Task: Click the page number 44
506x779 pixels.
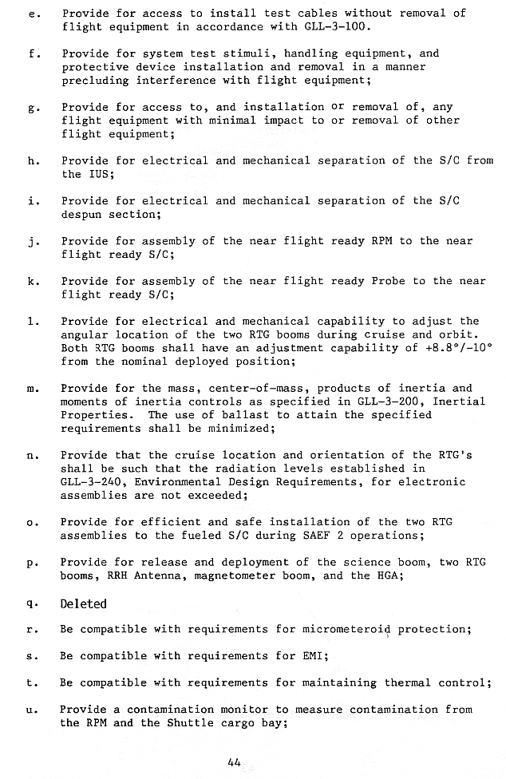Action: point(234,761)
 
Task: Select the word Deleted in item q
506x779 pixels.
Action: point(84,604)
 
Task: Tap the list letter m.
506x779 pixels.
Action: point(33,389)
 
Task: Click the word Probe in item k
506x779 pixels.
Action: point(388,281)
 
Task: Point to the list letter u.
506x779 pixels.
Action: point(33,710)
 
